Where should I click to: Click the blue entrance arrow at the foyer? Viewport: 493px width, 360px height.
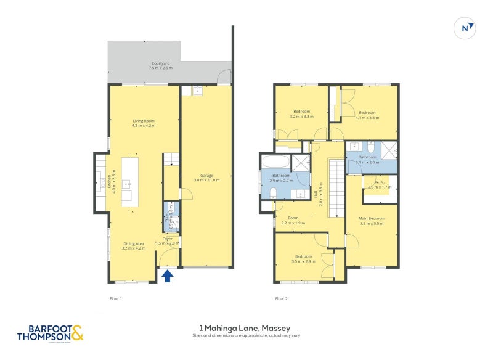(x=167, y=277)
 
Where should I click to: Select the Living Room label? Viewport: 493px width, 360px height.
(x=144, y=123)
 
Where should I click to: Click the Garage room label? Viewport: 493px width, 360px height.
(x=206, y=178)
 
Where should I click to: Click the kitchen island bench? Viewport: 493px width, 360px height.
(x=129, y=181)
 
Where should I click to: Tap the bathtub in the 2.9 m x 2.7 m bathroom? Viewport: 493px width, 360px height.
(x=275, y=163)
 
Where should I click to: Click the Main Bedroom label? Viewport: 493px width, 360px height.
(x=372, y=221)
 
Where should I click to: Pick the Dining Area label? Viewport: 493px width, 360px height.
(x=133, y=246)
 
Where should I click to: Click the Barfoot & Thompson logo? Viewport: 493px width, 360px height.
(x=49, y=333)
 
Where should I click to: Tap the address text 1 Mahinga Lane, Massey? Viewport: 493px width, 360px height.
(x=245, y=328)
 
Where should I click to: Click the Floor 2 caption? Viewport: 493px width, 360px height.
(x=281, y=298)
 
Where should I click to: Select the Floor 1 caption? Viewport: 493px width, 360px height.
(x=115, y=298)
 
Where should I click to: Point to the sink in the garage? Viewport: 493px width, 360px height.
(x=198, y=92)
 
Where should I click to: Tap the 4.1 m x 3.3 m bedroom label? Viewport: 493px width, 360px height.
(x=367, y=115)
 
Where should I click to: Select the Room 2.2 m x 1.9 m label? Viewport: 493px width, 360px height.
(x=293, y=220)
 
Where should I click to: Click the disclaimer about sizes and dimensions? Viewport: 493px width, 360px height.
(x=245, y=337)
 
